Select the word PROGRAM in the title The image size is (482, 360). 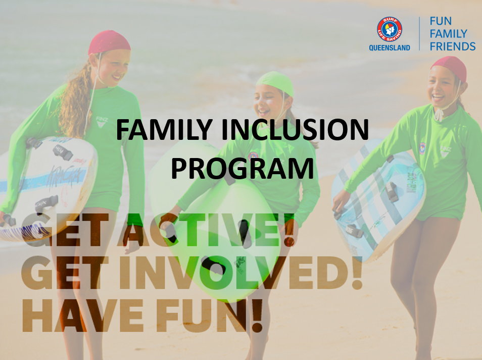[242, 169]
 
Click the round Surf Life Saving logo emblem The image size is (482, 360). [390, 29]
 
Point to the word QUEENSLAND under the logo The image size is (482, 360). [390, 47]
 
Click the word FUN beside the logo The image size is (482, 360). [441, 22]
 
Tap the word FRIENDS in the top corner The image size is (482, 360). [452, 46]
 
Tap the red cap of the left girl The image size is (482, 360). [109, 42]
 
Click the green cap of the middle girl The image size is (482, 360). [275, 82]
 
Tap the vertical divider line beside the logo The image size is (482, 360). [419, 34]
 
